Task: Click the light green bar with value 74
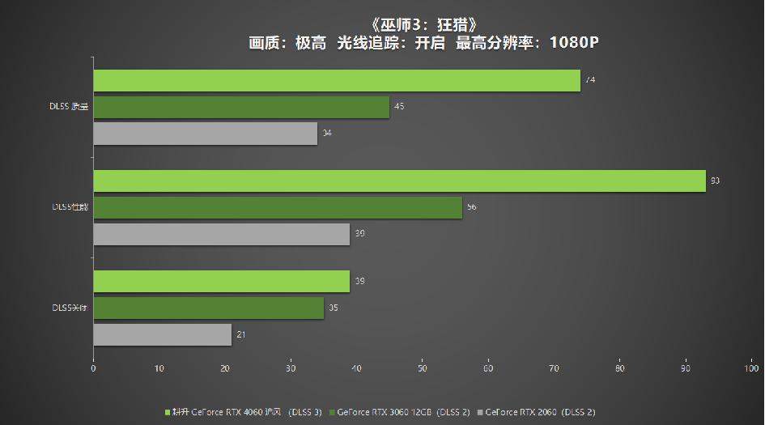pyautogui.click(x=336, y=80)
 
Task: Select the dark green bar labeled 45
pyautogui.click(x=241, y=107)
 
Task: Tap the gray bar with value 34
pyautogui.click(x=205, y=133)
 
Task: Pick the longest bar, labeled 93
pyautogui.click(x=399, y=181)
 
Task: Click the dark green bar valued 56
pyautogui.click(x=278, y=207)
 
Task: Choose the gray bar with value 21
pyautogui.click(x=162, y=334)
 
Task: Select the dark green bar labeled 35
pyautogui.click(x=208, y=308)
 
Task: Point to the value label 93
pyautogui.click(x=715, y=181)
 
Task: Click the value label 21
pyautogui.click(x=241, y=334)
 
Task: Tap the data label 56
pyautogui.click(x=471, y=207)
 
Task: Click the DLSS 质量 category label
pyautogui.click(x=69, y=107)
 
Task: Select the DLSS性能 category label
pyautogui.click(x=69, y=207)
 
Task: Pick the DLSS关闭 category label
pyautogui.click(x=69, y=308)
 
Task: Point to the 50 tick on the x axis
pyautogui.click(x=422, y=369)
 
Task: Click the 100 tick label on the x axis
pyautogui.click(x=751, y=369)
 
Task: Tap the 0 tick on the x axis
pyautogui.click(x=93, y=369)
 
